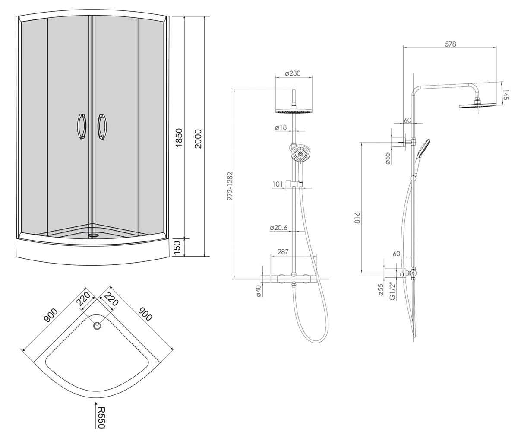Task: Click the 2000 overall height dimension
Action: click(198, 139)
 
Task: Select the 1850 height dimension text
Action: click(179, 138)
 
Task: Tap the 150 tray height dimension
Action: click(179, 248)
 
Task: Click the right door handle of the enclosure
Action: click(102, 127)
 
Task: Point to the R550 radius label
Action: click(101, 418)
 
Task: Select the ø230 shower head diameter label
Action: click(293, 73)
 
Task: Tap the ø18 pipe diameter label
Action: click(281, 127)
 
